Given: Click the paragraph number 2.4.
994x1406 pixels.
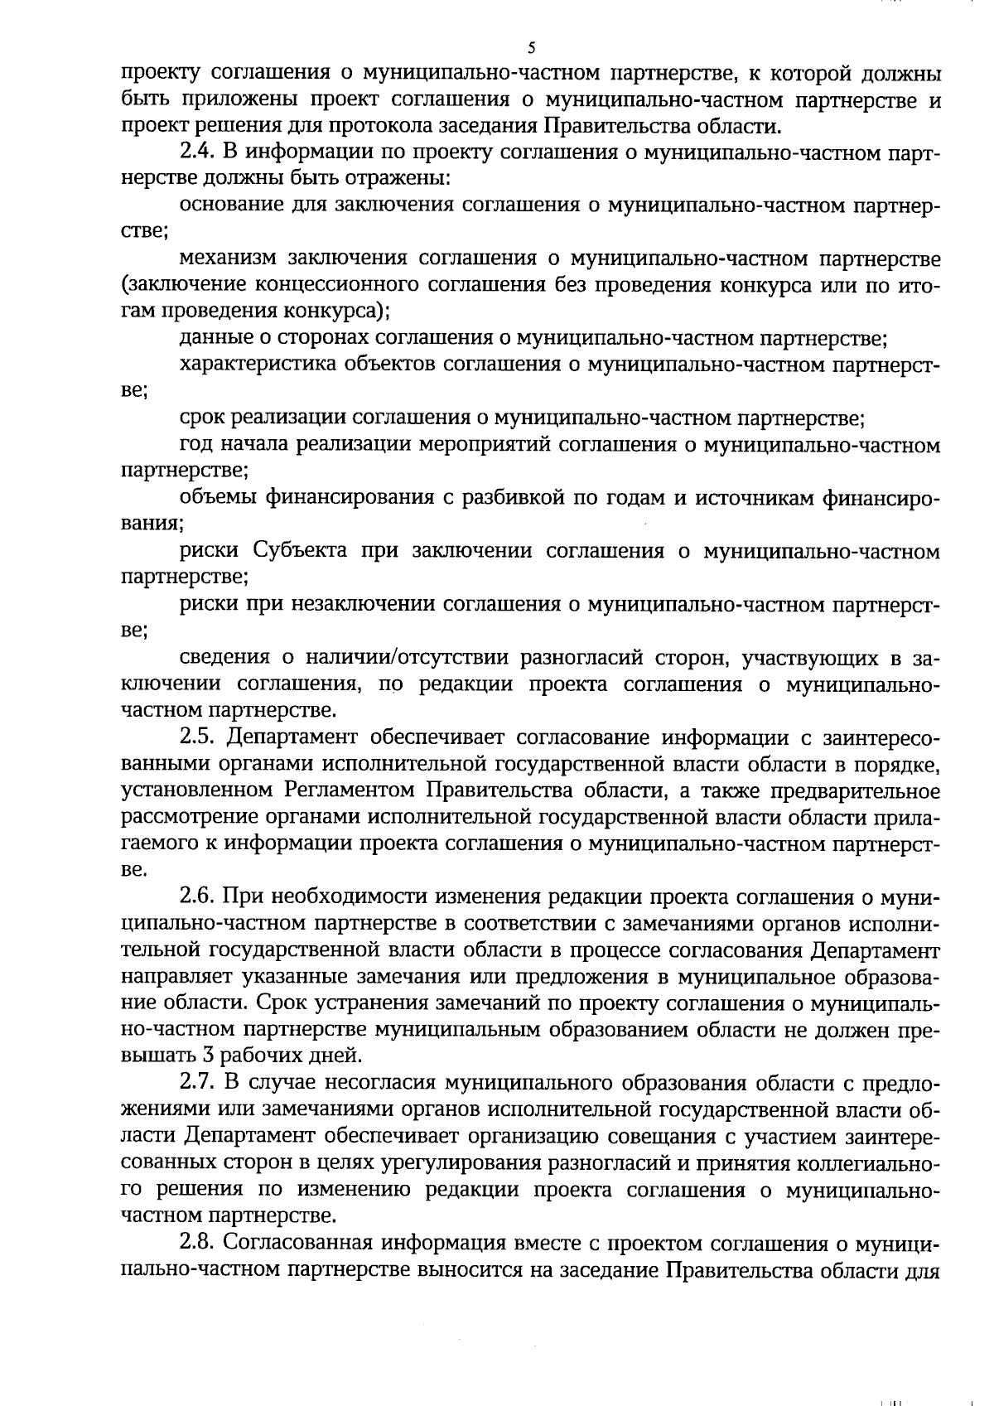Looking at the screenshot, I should (x=199, y=153).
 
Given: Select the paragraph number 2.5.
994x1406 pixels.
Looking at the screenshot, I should (x=199, y=737).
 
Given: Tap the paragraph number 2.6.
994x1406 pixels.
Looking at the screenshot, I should (x=199, y=897).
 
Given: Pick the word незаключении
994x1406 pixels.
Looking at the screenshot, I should (x=364, y=605).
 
